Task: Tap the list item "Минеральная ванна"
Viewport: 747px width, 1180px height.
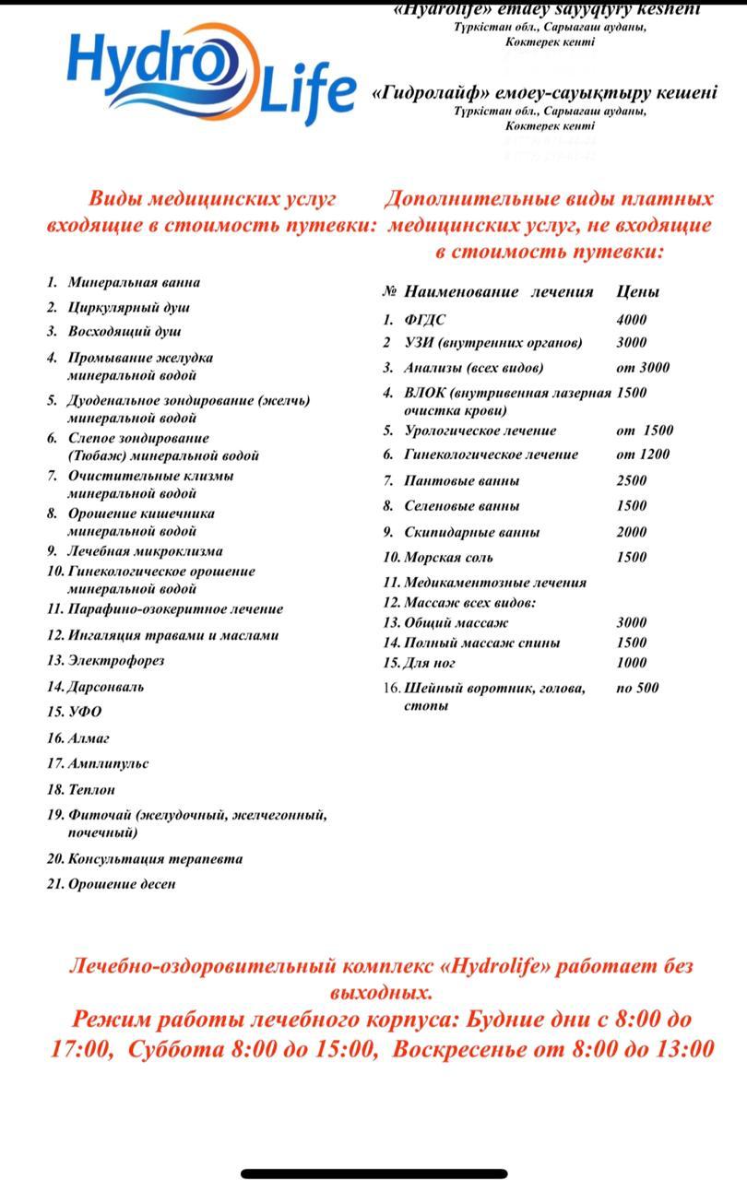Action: [133, 282]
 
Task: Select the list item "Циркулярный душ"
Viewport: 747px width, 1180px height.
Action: [128, 307]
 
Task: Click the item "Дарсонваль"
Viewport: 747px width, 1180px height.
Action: [106, 686]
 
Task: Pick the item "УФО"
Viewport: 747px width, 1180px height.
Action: [85, 712]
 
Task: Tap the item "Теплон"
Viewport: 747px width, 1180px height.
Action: [92, 789]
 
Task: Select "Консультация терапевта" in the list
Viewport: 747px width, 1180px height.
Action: [155, 858]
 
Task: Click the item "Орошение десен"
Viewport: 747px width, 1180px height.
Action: [122, 884]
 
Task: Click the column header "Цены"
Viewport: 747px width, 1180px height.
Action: [638, 291]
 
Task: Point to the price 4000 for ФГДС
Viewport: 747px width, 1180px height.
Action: [632, 320]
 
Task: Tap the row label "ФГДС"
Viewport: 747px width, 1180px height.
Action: [425, 320]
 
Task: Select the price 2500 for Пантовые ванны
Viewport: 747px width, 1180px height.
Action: [632, 480]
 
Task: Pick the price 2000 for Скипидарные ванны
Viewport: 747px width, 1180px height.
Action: [632, 532]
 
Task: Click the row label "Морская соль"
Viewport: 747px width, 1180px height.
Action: [448, 557]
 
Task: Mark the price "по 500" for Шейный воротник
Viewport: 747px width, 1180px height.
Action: [637, 687]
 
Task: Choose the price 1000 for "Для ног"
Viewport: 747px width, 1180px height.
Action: [632, 662]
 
